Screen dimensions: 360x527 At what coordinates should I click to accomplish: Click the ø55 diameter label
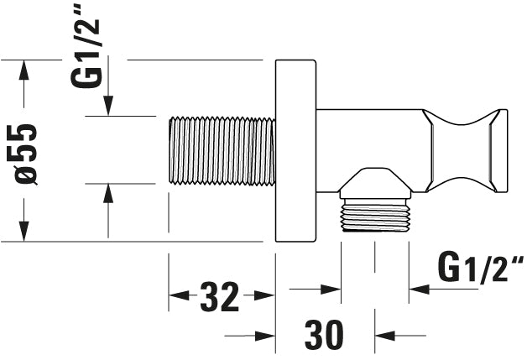click(x=25, y=152)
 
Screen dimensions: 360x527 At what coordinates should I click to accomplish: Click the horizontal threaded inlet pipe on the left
click(x=222, y=151)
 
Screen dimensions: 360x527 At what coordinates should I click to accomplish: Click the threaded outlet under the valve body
click(x=375, y=216)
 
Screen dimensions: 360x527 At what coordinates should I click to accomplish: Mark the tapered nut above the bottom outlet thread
click(x=375, y=184)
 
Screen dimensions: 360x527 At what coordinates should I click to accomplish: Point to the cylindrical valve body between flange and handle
click(x=369, y=138)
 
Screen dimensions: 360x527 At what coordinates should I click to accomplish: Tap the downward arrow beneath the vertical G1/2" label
click(x=108, y=106)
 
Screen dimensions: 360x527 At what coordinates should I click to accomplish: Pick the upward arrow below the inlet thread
click(x=108, y=195)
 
